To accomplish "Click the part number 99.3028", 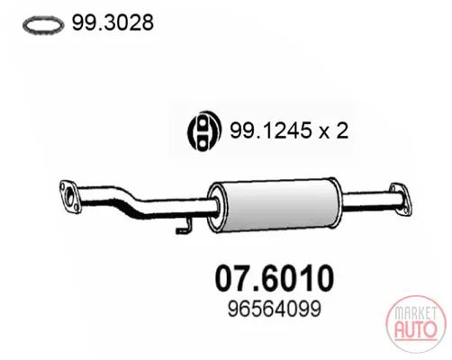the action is [x=113, y=22].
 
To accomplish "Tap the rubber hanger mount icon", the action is [x=204, y=131].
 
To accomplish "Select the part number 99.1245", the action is [x=270, y=130].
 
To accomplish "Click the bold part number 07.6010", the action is [x=275, y=278].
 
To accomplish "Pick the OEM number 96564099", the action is [x=275, y=309].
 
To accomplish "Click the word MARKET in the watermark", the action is [x=416, y=313].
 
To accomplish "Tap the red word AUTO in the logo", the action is [x=416, y=329].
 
